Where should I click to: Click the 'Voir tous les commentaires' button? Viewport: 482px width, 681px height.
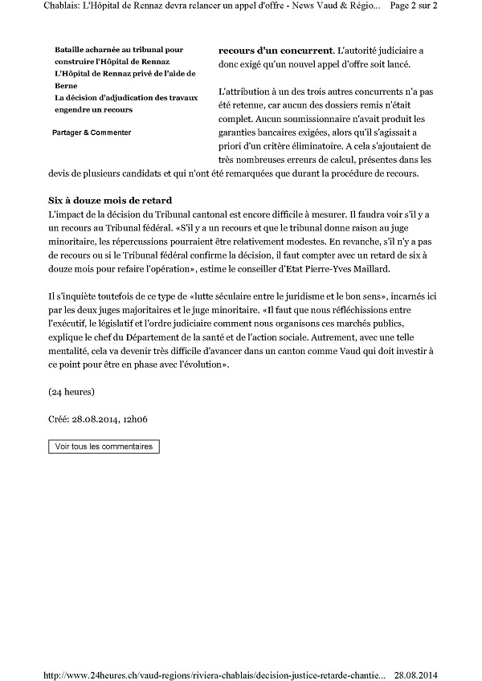pyautogui.click(x=104, y=446)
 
